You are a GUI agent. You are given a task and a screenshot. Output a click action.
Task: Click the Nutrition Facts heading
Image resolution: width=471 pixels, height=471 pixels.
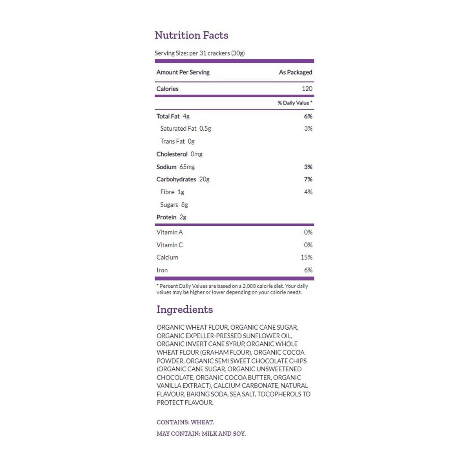[192, 35]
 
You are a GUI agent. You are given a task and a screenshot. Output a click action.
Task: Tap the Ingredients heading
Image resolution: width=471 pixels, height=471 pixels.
[184, 309]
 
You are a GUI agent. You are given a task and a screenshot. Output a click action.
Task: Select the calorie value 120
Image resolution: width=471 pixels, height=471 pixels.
[307, 89]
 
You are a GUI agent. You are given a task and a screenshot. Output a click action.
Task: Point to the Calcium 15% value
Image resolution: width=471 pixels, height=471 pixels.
[307, 257]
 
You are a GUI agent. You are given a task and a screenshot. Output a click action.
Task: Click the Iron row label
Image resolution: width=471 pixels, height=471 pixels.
[162, 270]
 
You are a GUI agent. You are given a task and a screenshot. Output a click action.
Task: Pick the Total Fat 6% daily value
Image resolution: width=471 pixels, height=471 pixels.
[308, 116]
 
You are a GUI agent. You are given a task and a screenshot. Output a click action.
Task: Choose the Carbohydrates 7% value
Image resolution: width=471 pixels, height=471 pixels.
[308, 179]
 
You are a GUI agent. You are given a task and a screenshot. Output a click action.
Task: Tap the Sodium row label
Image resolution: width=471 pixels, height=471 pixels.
[166, 167]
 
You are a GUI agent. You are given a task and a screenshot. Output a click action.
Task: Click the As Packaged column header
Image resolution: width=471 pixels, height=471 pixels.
[296, 72]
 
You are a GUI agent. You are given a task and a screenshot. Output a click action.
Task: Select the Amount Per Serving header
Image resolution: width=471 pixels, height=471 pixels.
[183, 72]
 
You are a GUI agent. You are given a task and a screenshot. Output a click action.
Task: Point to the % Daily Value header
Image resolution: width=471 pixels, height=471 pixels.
[295, 103]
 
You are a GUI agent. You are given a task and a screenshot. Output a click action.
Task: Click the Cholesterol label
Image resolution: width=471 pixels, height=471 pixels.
[172, 154]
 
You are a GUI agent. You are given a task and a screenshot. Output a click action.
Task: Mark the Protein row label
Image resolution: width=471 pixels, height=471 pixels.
[166, 217]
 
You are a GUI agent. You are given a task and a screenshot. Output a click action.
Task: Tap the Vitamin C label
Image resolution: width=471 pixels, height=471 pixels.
[170, 245]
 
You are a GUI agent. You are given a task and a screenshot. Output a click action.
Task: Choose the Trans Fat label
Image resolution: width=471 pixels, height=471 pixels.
[172, 141]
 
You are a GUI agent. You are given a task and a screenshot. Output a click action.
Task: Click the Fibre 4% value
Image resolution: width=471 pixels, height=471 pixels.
[308, 192]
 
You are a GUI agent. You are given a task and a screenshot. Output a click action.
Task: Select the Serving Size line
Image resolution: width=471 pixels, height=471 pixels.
[199, 53]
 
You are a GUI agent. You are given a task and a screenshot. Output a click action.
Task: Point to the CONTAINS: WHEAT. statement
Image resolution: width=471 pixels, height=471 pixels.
[185, 422]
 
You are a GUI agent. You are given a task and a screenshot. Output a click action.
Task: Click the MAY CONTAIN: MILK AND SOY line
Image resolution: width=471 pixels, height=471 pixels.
[201, 434]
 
